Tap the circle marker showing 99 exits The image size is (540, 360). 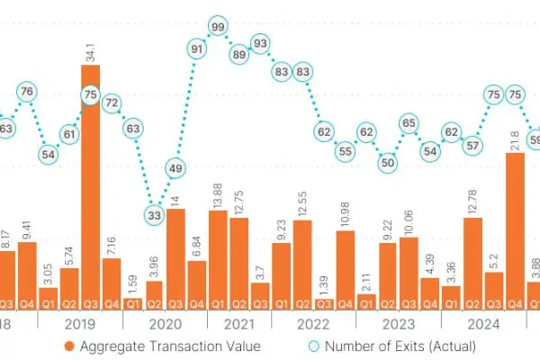pos(217,27)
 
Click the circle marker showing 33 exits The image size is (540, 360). pos(155,215)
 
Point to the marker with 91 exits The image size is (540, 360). pos(196,49)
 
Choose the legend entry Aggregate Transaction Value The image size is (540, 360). pos(162,346)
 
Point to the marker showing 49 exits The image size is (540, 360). pos(176,167)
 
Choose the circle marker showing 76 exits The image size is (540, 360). pos(27,91)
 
